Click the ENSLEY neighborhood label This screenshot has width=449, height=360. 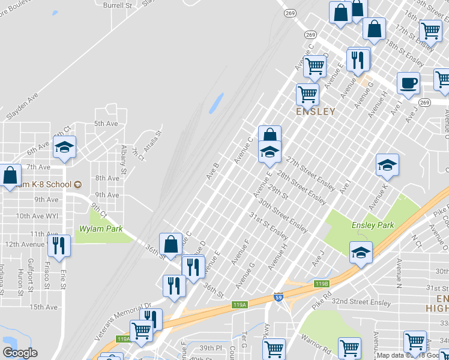point(315,112)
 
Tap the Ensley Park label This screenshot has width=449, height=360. point(373,225)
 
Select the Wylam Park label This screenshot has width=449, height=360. point(101,229)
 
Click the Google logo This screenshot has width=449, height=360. point(20,353)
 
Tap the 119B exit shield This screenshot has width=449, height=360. point(322,284)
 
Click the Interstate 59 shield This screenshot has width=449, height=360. point(278,297)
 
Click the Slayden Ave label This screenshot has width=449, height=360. point(21,104)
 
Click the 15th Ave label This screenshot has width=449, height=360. point(44,307)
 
